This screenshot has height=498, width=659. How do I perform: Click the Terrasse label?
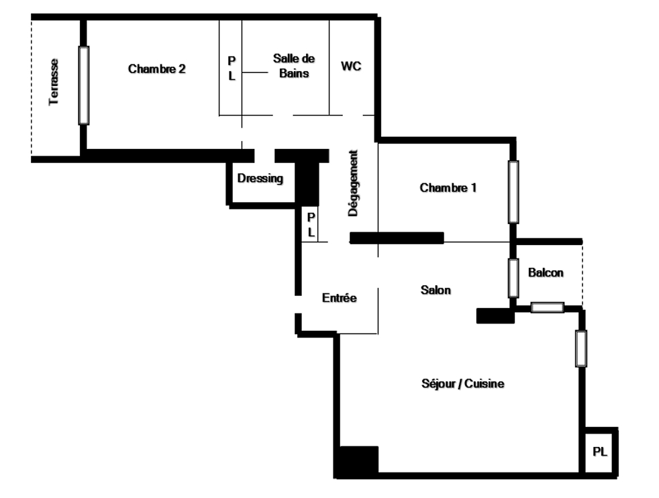pyautogui.click(x=54, y=82)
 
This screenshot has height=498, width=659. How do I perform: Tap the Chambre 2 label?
pyautogui.click(x=157, y=69)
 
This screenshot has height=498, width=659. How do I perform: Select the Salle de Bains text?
pyautogui.click(x=294, y=66)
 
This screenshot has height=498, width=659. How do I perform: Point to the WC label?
pyautogui.click(x=351, y=66)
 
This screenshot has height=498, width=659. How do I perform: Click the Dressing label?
pyautogui.click(x=260, y=178)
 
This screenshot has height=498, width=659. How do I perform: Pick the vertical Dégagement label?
pyautogui.click(x=353, y=183)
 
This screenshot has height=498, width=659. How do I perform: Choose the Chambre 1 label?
pyautogui.click(x=448, y=187)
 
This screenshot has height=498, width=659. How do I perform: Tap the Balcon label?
pyautogui.click(x=546, y=272)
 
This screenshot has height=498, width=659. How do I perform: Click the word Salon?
pyautogui.click(x=436, y=290)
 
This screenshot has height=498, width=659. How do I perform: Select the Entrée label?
pyautogui.click(x=339, y=297)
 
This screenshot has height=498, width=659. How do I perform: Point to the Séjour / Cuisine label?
pyautogui.click(x=463, y=383)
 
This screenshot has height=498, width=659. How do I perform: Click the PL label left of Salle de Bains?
pyautogui.click(x=232, y=68)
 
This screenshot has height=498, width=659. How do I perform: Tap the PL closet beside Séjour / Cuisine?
pyautogui.click(x=600, y=452)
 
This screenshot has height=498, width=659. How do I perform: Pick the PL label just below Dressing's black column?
pyautogui.click(x=311, y=225)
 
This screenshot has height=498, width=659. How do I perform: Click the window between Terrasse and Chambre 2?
pyautogui.click(x=84, y=85)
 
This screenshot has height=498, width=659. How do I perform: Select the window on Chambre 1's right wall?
pyautogui.click(x=513, y=192)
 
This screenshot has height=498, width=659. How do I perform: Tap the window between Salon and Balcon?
pyautogui.click(x=513, y=279)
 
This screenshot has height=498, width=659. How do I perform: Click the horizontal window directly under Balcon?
pyautogui.click(x=547, y=307)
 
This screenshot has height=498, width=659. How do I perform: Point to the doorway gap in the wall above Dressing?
pyautogui.click(x=264, y=156)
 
